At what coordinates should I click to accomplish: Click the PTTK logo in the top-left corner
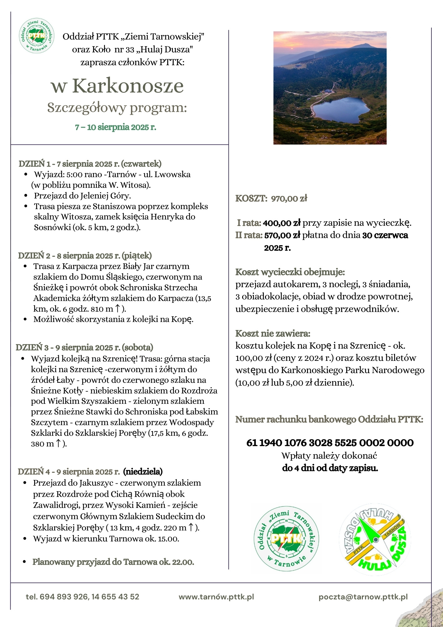coord(36,35)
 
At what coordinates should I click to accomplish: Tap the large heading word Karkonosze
coord(128,86)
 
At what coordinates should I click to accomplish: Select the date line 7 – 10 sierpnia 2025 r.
coord(115,127)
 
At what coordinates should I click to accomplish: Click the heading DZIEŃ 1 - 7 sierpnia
coord(90,164)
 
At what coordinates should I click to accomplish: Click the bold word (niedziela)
coord(143,472)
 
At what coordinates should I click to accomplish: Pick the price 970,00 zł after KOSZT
coord(289,198)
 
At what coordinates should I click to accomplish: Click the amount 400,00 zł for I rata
coord(282,223)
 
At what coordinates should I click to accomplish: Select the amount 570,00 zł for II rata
coord(282,235)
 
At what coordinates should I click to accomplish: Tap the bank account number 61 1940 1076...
coord(330,443)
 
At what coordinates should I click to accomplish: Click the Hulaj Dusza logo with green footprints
coord(375,539)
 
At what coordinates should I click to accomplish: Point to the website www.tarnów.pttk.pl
coord(216,597)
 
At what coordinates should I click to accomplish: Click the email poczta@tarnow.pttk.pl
coord(363,597)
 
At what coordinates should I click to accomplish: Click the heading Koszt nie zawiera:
coord(273,333)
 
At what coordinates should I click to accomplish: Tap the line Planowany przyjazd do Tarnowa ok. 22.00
coord(113,562)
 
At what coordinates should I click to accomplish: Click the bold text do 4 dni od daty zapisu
coord(330,468)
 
